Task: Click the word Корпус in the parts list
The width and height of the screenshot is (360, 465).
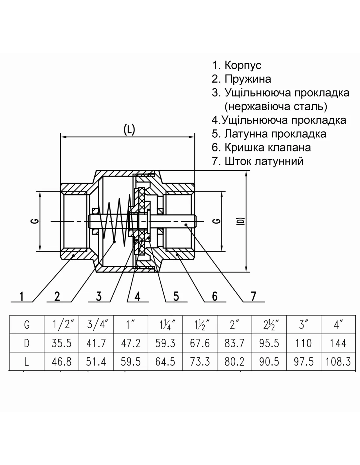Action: tap(243, 65)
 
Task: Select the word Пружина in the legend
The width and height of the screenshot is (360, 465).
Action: tap(248, 79)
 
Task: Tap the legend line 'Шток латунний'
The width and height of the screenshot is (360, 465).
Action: tap(264, 161)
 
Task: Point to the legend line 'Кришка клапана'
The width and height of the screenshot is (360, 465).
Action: tap(267, 147)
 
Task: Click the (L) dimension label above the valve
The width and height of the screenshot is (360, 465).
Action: tap(129, 130)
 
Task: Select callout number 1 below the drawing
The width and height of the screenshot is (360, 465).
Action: tap(21, 296)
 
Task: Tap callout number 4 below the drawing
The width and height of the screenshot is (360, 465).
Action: tap(137, 296)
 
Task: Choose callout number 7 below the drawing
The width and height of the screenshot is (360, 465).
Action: tap(253, 296)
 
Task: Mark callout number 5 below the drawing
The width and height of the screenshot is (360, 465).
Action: tap(176, 296)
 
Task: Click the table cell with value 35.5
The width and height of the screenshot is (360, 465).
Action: tap(62, 343)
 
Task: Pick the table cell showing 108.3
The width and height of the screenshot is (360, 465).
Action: tap(338, 362)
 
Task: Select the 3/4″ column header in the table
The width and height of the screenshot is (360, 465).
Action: tap(96, 325)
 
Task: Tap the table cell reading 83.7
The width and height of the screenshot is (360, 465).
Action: tap(234, 343)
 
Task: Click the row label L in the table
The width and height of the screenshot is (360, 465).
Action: tap(27, 362)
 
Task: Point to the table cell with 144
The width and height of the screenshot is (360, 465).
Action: tap(338, 343)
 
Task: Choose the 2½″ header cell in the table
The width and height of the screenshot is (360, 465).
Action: tap(269, 325)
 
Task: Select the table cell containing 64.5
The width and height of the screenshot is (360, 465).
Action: tap(165, 362)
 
